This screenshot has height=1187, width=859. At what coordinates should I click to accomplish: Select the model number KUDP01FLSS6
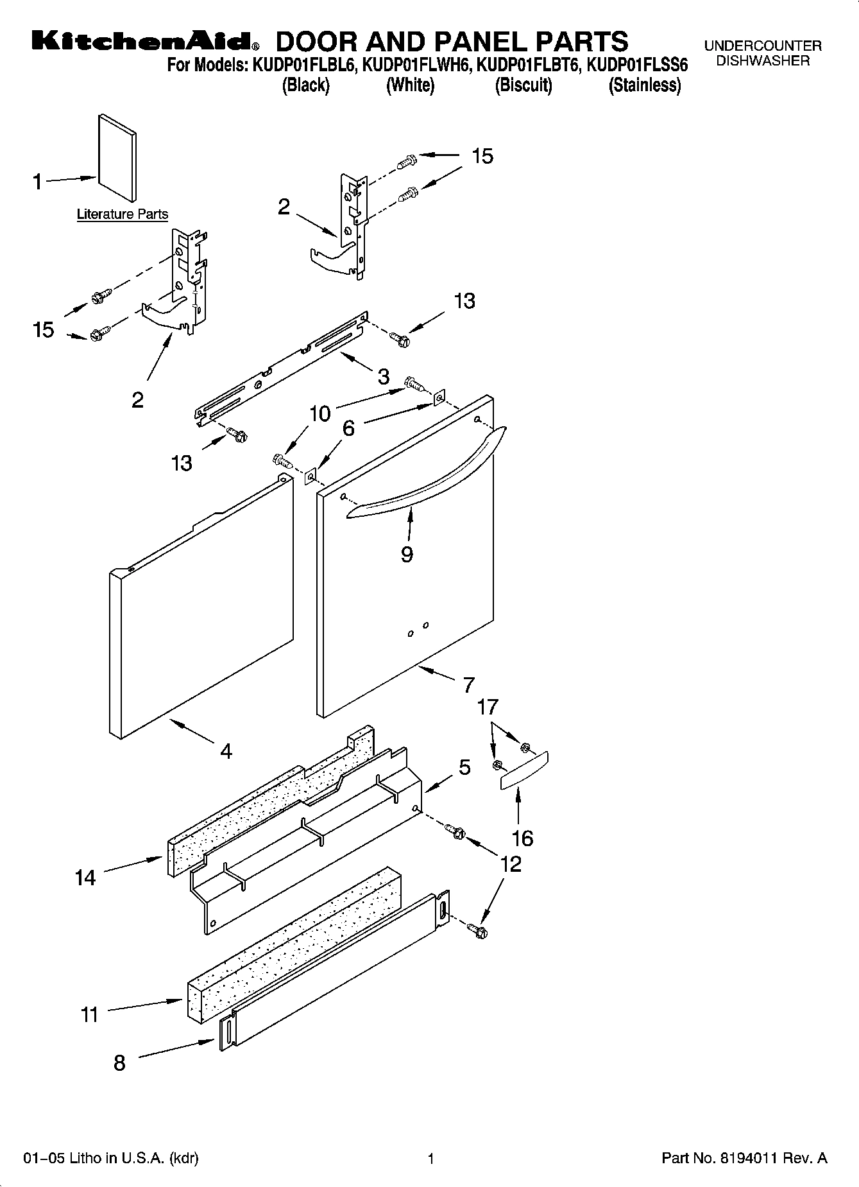(x=637, y=65)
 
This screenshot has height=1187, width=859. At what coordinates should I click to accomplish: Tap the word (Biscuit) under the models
(x=523, y=85)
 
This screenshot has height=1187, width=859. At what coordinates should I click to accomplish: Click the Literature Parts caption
(x=122, y=214)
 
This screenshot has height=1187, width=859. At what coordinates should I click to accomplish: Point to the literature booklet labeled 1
(x=117, y=158)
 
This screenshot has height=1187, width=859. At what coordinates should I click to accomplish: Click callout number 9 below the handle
(x=407, y=554)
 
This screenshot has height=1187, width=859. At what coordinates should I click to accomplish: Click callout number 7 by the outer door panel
(x=469, y=685)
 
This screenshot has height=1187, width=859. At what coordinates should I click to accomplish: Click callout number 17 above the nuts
(x=488, y=707)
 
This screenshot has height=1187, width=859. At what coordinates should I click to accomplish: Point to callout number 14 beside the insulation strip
(x=85, y=878)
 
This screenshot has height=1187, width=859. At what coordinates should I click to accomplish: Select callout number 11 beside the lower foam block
(x=89, y=1014)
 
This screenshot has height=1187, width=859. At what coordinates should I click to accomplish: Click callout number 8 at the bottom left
(x=119, y=1063)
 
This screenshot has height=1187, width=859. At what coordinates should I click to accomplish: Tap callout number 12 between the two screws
(x=511, y=863)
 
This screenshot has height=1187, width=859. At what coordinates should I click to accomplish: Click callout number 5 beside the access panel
(x=464, y=767)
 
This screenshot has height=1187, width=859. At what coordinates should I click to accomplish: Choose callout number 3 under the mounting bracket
(x=383, y=377)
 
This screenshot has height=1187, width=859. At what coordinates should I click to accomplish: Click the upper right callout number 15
(x=482, y=156)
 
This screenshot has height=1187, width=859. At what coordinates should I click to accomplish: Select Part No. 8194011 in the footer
(x=744, y=1158)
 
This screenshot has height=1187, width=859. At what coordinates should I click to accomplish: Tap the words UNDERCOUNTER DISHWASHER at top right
(x=763, y=53)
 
